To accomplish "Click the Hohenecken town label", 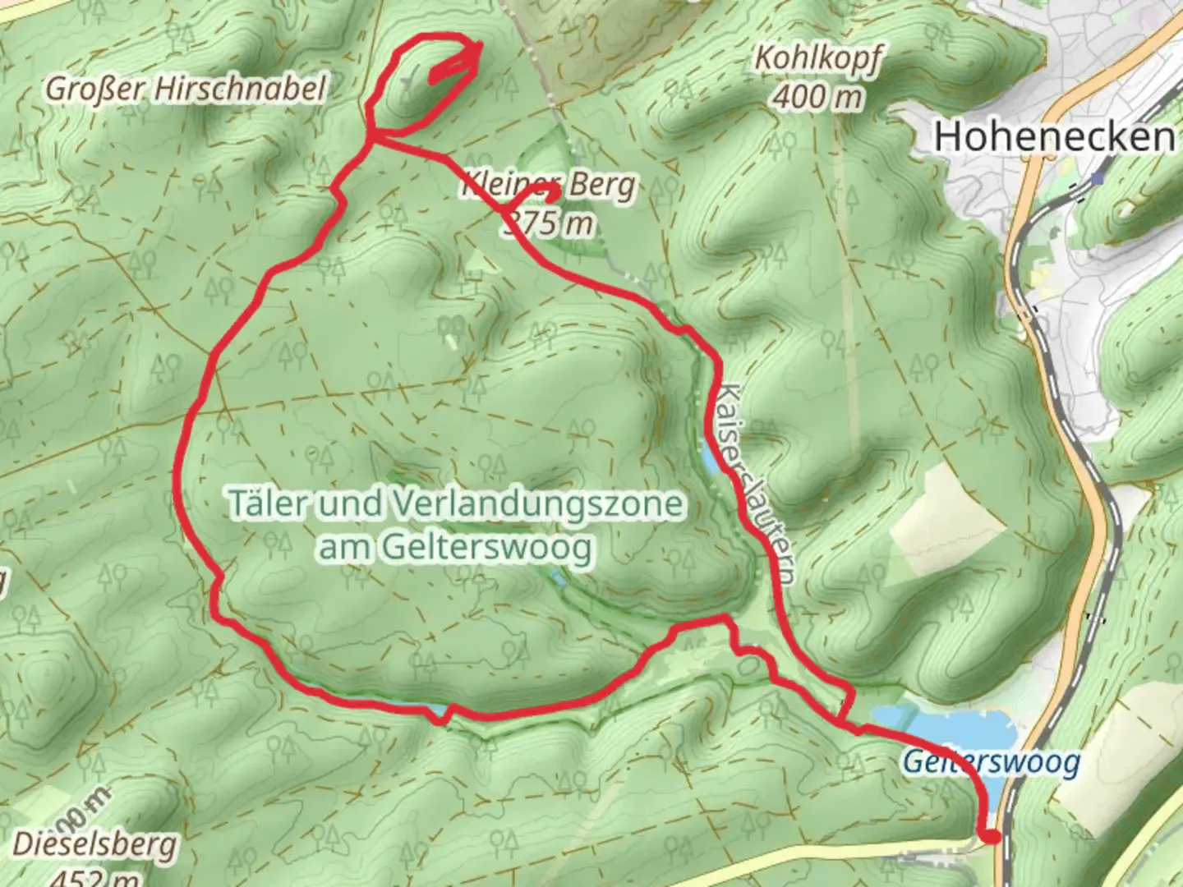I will pyautogui.click(x=1054, y=136).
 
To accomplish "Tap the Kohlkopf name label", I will pyautogui.click(x=817, y=58).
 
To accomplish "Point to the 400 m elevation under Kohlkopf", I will pyautogui.click(x=817, y=97).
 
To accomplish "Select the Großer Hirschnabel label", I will pyautogui.click(x=186, y=89).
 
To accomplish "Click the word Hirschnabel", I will pyautogui.click(x=241, y=89).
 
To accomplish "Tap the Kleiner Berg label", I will pyautogui.click(x=549, y=185).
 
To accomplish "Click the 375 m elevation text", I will pyautogui.click(x=549, y=222).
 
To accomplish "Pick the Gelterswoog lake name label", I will pyautogui.click(x=991, y=762).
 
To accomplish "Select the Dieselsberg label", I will pyautogui.click(x=94, y=844).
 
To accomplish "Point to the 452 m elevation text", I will pyautogui.click(x=94, y=877).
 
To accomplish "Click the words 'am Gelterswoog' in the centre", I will pyautogui.click(x=455, y=547).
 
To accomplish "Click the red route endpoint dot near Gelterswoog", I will pyautogui.click(x=992, y=837).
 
